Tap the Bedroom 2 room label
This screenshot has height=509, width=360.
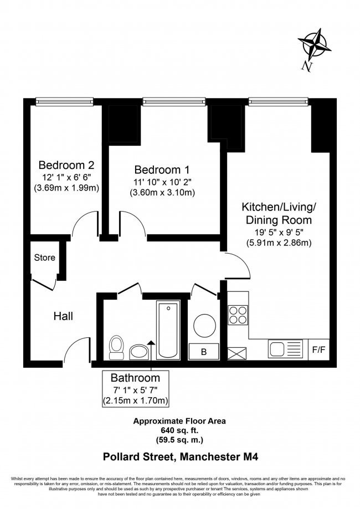tap(66, 164)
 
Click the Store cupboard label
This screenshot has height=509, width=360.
tap(44, 258)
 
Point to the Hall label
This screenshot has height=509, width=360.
tap(63, 316)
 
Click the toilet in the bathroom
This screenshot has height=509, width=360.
tap(117, 345)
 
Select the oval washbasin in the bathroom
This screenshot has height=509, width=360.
tap(138, 351)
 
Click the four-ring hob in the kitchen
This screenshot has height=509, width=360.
tap(239, 315)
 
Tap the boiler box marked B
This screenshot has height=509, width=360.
tap(203, 351)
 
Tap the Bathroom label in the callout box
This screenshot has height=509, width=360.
tap(135, 378)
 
